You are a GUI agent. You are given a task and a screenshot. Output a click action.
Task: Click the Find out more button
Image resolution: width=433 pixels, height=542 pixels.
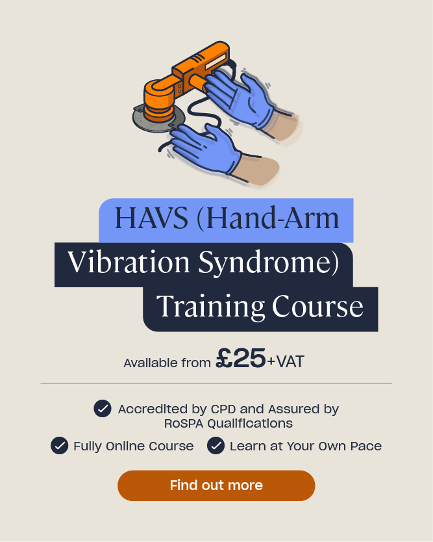tap(216, 485)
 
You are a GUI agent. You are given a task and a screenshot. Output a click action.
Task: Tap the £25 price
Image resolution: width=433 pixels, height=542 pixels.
tap(241, 359)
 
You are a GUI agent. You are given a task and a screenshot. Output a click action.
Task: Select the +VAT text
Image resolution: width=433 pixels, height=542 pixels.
tap(286, 361)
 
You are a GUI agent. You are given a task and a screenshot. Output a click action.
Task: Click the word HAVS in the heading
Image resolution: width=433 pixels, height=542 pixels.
tap(151, 218)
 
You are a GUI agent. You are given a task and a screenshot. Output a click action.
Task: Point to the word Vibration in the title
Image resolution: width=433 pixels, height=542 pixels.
tap(129, 262)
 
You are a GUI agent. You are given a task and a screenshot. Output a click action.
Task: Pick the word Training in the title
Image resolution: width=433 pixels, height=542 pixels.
tap(210, 307)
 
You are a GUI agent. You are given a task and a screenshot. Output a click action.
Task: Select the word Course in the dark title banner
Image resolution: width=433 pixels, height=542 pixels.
tap(317, 306)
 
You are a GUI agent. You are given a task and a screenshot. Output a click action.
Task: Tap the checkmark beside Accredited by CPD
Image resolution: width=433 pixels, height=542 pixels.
tap(103, 409)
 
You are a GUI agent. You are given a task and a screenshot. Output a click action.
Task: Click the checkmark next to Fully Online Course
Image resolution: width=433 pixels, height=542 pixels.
tap(59, 446)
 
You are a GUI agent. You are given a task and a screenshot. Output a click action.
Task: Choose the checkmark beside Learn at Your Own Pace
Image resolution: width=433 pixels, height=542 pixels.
tap(216, 446)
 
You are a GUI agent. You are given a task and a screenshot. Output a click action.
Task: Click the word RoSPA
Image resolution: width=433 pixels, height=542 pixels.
tap(184, 424)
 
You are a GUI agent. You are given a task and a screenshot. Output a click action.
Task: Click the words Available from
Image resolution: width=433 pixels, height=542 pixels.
tap(167, 363)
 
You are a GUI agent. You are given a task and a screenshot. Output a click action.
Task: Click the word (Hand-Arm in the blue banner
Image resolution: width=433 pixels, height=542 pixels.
tap(268, 218)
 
